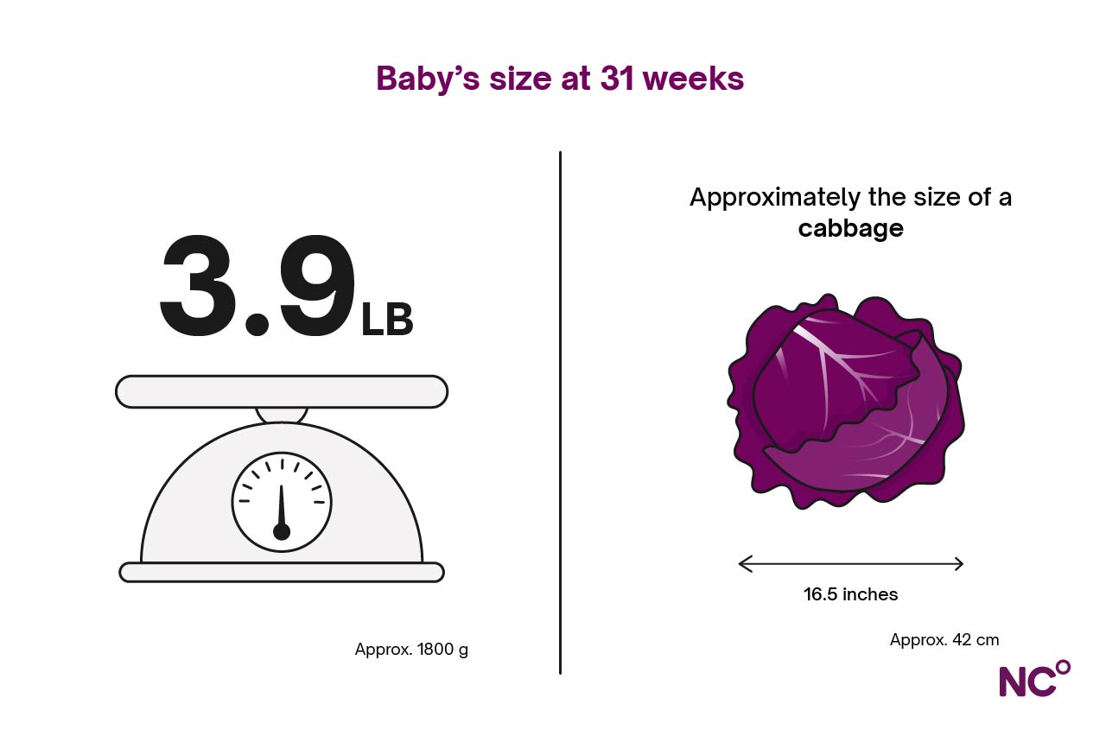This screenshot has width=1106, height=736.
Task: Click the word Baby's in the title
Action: coord(428,79)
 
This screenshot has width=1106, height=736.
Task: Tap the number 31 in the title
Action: coord(617,79)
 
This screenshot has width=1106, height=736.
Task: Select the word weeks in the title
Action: coord(694,79)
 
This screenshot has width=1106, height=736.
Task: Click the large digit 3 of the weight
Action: coord(198,285)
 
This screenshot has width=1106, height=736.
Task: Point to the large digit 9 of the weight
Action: coord(317,285)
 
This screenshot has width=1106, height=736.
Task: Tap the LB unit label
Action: coord(387,320)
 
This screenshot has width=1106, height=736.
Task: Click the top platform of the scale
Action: coord(282,391)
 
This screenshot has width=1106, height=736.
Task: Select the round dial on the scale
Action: coord(282,502)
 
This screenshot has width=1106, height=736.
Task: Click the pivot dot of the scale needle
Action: coord(282,532)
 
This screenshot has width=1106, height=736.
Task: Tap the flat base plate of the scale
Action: coord(282,572)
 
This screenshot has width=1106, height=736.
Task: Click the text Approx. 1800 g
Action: coord(411,650)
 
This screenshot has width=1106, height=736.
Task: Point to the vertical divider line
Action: coord(560,413)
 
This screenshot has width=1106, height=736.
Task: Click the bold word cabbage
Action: coord(851,229)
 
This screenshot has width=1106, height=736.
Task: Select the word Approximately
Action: coord(775,199)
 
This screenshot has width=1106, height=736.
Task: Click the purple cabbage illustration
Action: coord(845,401)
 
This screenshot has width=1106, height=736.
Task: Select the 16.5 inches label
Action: coord(851,594)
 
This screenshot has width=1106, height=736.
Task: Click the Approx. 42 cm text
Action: coord(944,640)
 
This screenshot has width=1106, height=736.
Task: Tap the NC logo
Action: coord(1034,679)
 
